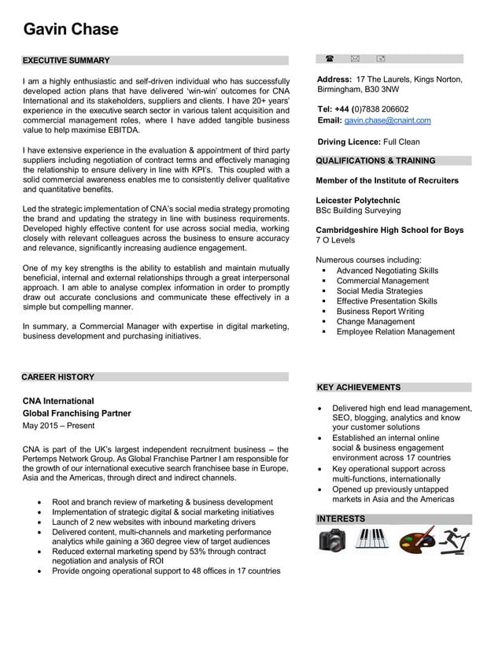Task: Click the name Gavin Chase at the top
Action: coord(71,30)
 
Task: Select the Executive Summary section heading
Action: coord(66,61)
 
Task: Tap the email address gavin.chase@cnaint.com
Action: coord(387,120)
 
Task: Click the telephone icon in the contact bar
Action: coord(329,59)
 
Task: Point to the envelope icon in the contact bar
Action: coord(355,59)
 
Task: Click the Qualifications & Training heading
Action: coord(375,161)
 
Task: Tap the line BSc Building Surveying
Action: coord(358,211)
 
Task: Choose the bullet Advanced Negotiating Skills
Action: coord(387,271)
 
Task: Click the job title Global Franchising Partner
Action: coord(76,413)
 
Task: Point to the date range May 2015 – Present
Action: coord(58,426)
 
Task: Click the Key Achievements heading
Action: coord(358,387)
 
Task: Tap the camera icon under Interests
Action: coord(332,541)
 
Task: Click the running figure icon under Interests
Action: coord(454,541)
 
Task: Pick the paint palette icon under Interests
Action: coord(415,541)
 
